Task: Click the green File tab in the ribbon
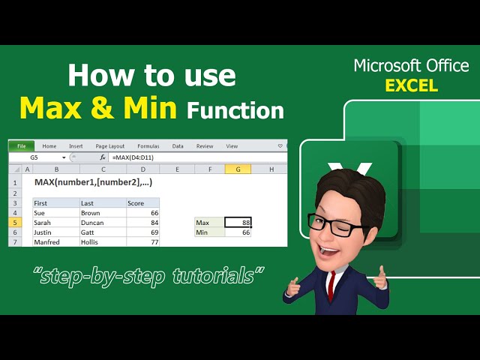coord(21,146)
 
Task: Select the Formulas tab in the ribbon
coord(148,146)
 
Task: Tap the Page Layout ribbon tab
coord(110,146)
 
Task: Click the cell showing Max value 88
coord(238,223)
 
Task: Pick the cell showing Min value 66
coord(238,232)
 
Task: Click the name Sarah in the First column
coord(43,223)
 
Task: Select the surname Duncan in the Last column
coord(93,223)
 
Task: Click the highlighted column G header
coord(238,169)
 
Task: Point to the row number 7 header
coord(15,242)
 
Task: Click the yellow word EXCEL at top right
coord(412,85)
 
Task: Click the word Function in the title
coord(235,111)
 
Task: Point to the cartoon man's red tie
coord(330,286)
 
